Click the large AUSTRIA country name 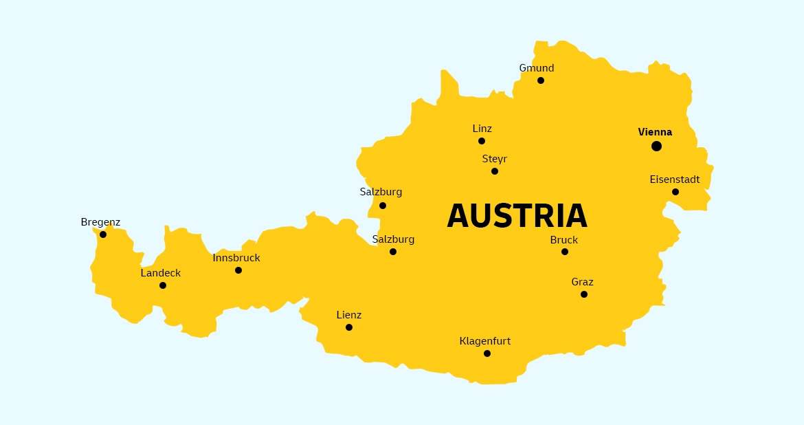(x=517, y=216)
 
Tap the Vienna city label (x=655, y=132)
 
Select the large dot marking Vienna (x=656, y=146)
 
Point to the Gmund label (x=537, y=68)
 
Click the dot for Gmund (x=541, y=80)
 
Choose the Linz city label (x=482, y=129)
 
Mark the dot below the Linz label (x=482, y=141)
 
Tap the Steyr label (x=494, y=159)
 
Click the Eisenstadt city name (x=675, y=179)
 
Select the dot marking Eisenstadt (x=675, y=192)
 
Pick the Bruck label (x=564, y=240)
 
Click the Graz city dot (x=584, y=294)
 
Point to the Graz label (x=582, y=282)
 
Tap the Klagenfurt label (x=485, y=341)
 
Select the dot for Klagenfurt (x=487, y=353)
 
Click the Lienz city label (x=348, y=315)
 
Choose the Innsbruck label (x=236, y=258)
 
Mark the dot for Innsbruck (x=238, y=270)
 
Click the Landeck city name (x=161, y=273)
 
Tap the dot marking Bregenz (x=103, y=235)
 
